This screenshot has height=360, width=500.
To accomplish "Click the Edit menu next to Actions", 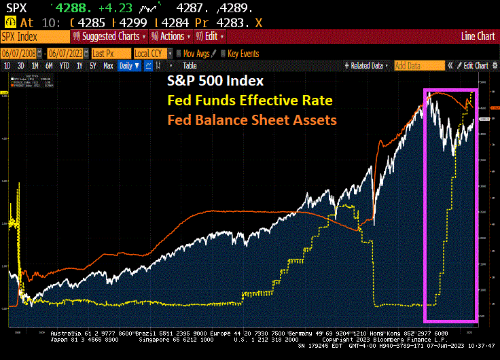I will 211,36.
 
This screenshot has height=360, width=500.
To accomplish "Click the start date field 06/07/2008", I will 20,53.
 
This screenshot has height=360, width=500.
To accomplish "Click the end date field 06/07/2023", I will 67,53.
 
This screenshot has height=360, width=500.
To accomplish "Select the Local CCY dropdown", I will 151,53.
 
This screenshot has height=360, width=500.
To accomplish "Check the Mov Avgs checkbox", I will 179,53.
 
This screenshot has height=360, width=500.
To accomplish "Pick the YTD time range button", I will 65,65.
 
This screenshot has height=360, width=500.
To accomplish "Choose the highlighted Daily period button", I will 128,65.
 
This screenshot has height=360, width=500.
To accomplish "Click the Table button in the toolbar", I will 190,65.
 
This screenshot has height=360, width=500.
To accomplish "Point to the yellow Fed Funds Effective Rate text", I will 250,101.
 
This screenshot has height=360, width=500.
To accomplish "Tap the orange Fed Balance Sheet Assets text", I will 252,120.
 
